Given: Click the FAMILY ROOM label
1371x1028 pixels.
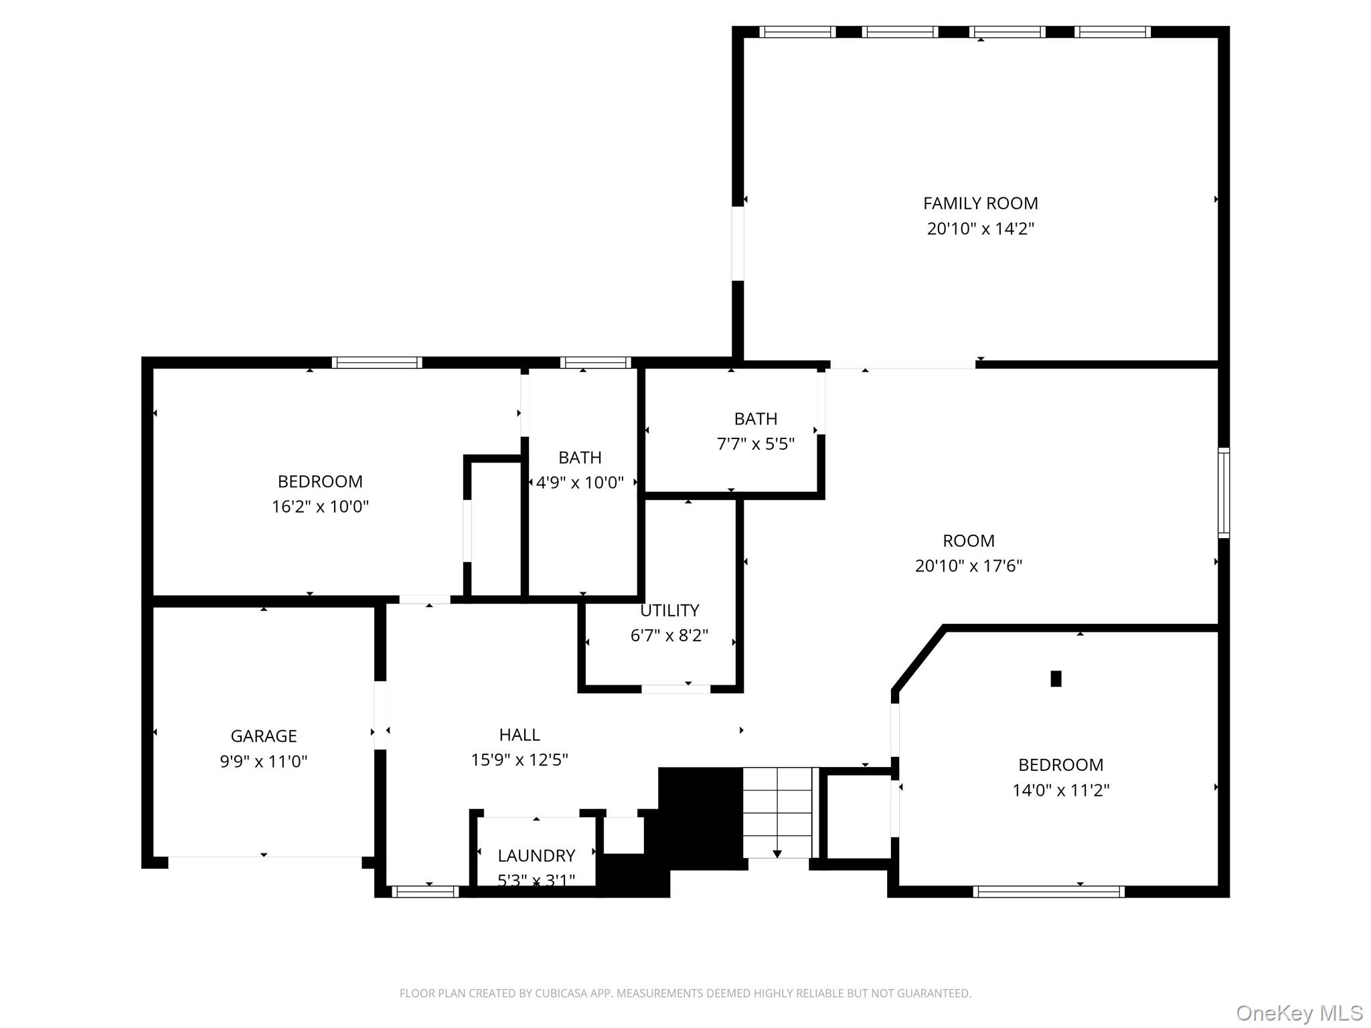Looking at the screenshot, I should (x=980, y=203).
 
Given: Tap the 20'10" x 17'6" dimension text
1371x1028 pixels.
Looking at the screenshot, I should (x=968, y=566).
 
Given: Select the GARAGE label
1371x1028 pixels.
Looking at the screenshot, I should (x=263, y=736).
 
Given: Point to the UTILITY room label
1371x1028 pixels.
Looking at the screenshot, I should (x=669, y=610).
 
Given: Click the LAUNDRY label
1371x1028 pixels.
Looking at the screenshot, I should (x=536, y=855).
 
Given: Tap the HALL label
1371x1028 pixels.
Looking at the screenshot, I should (x=519, y=734).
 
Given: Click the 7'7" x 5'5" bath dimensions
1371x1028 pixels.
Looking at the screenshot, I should (x=755, y=444).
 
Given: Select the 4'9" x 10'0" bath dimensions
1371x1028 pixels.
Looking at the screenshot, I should (x=580, y=483).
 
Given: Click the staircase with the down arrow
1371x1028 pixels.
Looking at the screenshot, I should (x=777, y=812).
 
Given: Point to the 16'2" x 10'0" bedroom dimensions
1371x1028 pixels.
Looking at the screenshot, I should (x=320, y=507).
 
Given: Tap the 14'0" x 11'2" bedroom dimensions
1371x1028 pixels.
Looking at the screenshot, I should (x=1060, y=790).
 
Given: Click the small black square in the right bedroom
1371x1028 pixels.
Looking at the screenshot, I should (x=1056, y=679).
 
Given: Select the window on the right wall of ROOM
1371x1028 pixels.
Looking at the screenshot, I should (x=1223, y=493).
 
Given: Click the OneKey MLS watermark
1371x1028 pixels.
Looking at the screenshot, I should (x=1299, y=1013).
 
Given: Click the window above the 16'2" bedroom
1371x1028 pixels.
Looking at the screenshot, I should (x=377, y=363).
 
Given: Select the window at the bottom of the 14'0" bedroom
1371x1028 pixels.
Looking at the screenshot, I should (x=1048, y=891).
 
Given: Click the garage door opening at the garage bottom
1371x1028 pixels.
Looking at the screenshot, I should (x=264, y=857).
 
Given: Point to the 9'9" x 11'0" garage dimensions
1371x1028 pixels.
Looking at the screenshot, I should (x=263, y=761).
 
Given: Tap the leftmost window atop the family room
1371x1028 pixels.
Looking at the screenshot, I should (x=797, y=31).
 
